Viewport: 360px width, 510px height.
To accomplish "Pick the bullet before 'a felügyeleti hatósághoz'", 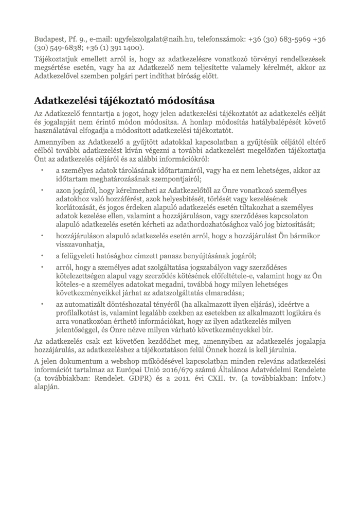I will coord(42,256).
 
